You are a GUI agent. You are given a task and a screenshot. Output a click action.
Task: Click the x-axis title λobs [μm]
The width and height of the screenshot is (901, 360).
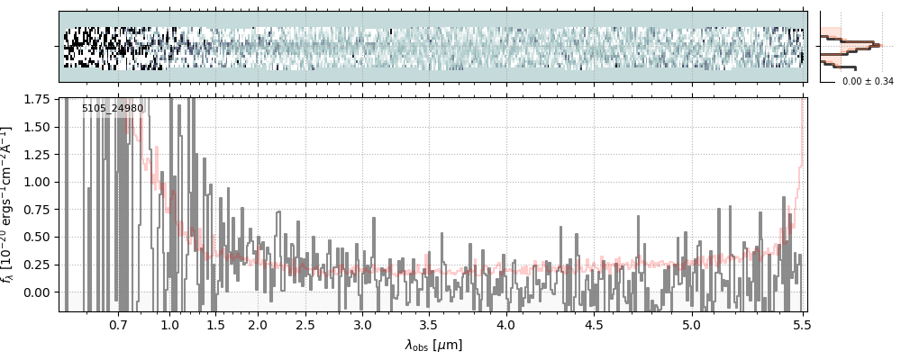pyautogui.click(x=433, y=345)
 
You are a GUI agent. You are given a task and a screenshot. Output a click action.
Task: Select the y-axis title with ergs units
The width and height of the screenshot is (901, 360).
pyautogui.click(x=10, y=205)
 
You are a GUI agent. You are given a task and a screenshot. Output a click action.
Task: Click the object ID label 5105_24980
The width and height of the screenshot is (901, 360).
pyautogui.click(x=113, y=109)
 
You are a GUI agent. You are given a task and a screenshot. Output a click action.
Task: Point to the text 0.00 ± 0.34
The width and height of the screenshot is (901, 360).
pyautogui.click(x=868, y=82)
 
